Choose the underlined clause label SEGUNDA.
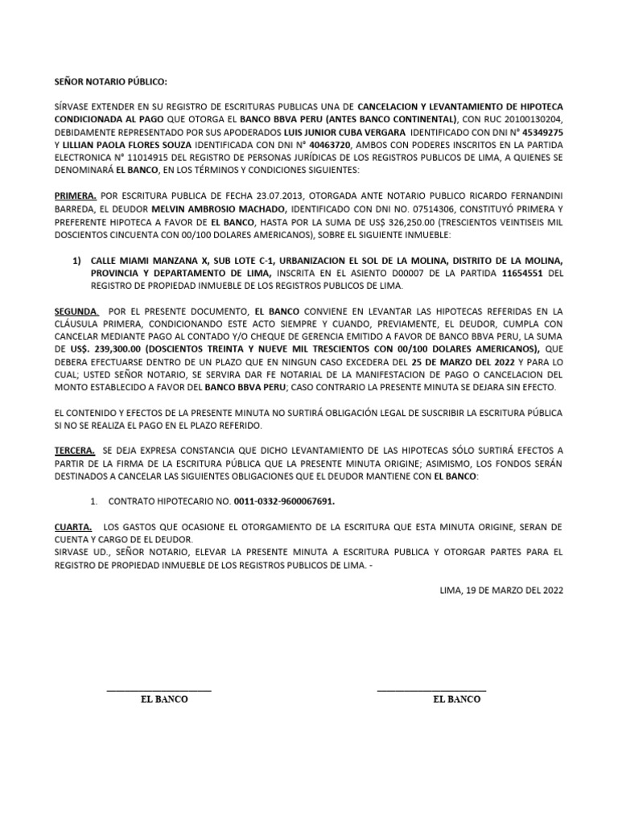point(77,310)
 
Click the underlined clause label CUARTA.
point(72,526)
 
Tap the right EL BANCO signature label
point(456,699)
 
